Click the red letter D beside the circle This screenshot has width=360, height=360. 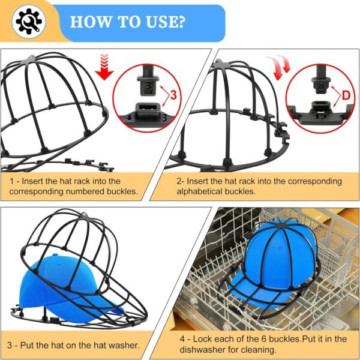[346, 94]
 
